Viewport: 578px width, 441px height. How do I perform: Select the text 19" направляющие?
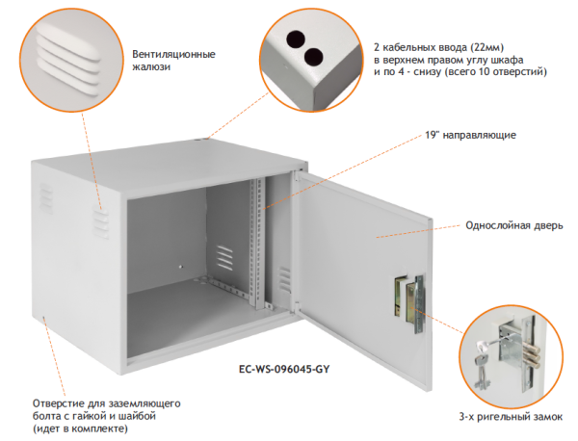click(x=470, y=135)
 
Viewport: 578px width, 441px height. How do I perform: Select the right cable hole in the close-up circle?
click(x=315, y=58)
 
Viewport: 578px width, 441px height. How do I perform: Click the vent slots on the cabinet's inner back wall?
click(x=224, y=258)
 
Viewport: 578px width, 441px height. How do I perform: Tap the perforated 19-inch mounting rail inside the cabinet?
click(x=257, y=241)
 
